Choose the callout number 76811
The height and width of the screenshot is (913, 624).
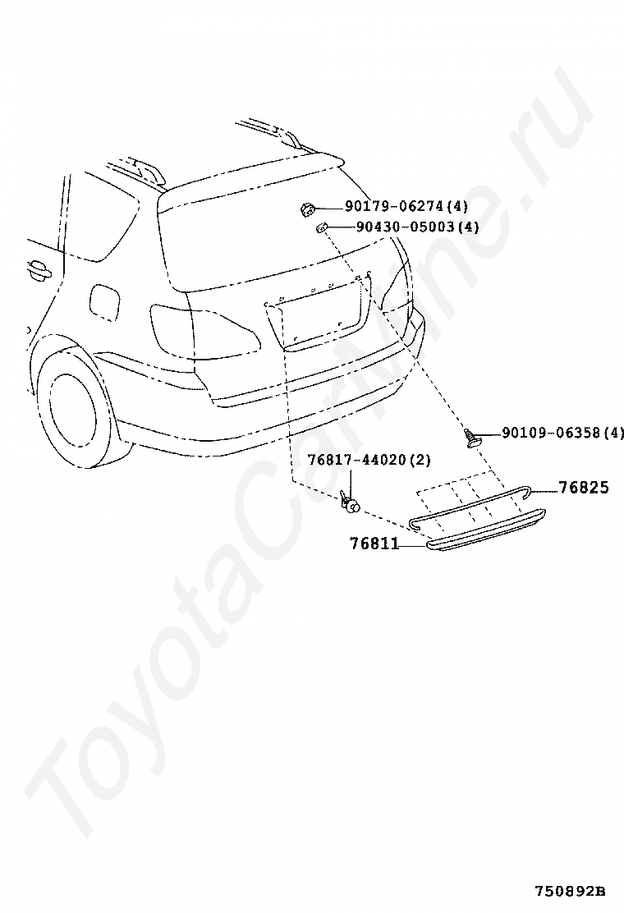(x=374, y=543)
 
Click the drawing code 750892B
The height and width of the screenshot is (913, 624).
(x=570, y=891)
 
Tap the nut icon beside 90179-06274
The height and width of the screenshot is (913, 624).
(x=306, y=209)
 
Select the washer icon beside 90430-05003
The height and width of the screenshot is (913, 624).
(x=323, y=227)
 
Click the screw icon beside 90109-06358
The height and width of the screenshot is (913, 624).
(x=473, y=437)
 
